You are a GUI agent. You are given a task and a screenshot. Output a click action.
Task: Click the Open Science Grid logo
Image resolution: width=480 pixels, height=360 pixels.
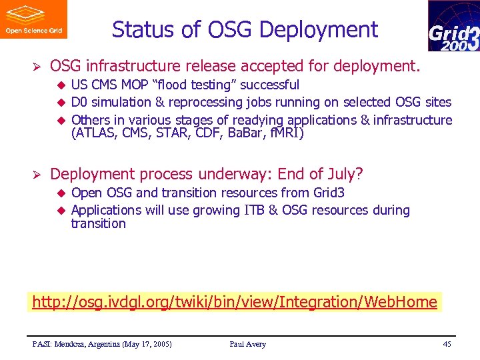(x=33, y=19)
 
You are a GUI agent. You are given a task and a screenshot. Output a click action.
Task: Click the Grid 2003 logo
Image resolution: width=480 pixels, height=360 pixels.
(x=453, y=27)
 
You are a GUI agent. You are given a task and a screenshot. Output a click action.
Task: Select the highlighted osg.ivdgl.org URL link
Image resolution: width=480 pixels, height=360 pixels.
(x=235, y=302)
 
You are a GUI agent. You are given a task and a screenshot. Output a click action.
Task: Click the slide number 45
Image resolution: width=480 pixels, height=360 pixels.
(x=447, y=344)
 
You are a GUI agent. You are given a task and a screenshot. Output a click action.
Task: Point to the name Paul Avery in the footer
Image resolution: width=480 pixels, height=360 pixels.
(x=247, y=344)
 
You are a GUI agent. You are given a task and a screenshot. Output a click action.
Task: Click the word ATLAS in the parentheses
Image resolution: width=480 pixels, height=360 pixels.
(x=95, y=133)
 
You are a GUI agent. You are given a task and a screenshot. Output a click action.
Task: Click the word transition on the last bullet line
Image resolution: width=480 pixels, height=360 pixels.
(x=98, y=223)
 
